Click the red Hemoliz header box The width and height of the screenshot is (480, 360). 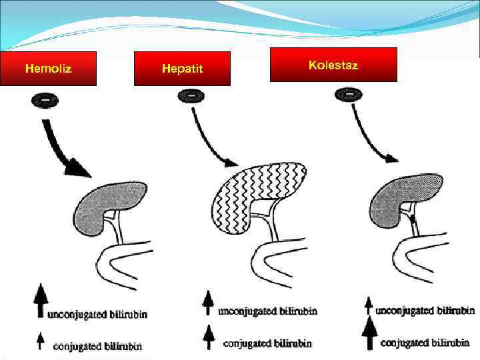click(48, 69)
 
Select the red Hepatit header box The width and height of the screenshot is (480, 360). click(182, 69)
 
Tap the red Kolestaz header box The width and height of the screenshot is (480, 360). click(333, 65)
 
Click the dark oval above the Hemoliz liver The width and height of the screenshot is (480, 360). click(45, 100)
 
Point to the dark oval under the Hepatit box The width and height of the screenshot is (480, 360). click(191, 97)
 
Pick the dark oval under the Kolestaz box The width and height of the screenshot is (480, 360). click(349, 95)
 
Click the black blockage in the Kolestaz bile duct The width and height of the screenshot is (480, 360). click(413, 218)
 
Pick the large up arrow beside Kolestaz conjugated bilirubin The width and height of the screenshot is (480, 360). click(369, 333)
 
